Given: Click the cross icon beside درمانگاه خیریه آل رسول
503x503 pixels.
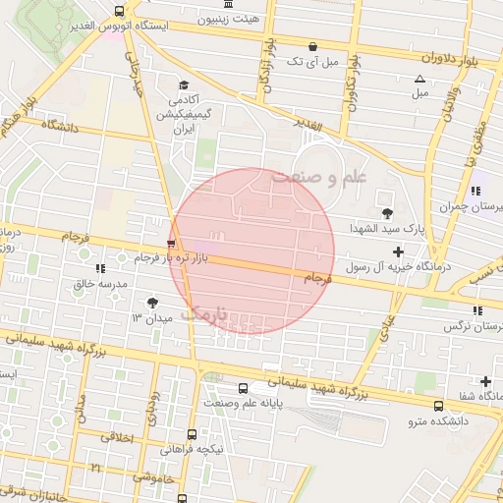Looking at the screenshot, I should click(x=397, y=251).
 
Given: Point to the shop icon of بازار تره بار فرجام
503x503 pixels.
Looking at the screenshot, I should click(x=173, y=243).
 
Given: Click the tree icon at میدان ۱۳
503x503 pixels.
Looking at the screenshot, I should click(x=152, y=304).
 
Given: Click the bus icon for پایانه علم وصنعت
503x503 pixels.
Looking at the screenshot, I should click(x=243, y=387).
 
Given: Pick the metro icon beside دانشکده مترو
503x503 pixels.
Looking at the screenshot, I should click(x=438, y=405).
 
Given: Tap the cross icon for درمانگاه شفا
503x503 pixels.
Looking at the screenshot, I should click(x=485, y=381).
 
